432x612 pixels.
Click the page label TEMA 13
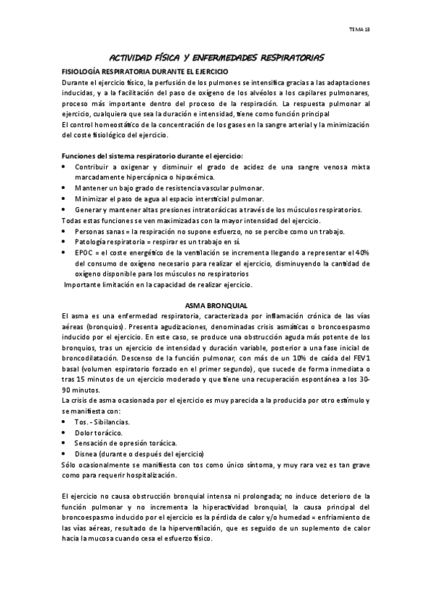click(358, 30)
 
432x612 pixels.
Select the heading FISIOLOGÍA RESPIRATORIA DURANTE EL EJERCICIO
click(146, 73)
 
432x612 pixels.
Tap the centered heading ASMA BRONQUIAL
click(216, 305)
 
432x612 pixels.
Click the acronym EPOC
click(85, 253)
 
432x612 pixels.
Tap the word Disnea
click(88, 454)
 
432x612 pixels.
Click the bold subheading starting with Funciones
click(153, 156)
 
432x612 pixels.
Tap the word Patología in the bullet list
click(92, 242)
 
